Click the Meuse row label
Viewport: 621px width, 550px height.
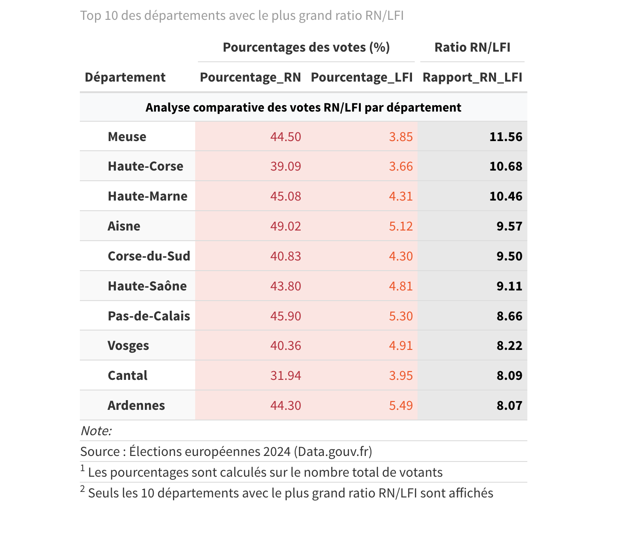click(127, 137)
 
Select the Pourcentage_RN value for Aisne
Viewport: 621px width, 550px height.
click(286, 226)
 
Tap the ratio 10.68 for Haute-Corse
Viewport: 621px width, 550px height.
click(506, 166)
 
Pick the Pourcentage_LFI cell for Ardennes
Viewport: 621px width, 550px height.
click(400, 406)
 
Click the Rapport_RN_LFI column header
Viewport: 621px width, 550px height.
click(472, 77)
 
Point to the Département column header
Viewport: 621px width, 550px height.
click(125, 77)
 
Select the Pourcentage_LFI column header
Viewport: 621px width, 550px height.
click(362, 77)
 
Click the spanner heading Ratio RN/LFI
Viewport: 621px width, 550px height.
click(472, 47)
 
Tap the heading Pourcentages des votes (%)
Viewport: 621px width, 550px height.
click(306, 47)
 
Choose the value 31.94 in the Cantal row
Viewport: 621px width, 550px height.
click(286, 376)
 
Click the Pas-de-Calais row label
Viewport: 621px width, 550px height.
click(149, 316)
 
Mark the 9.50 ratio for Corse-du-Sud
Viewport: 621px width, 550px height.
click(509, 256)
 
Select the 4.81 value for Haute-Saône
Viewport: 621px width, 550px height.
click(400, 286)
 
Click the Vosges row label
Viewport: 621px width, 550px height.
click(128, 346)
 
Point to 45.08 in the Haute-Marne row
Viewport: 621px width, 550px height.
click(286, 196)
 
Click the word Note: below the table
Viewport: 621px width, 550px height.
click(96, 431)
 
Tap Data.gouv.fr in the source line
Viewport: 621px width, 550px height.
click(333, 452)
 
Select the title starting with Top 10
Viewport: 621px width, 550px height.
click(242, 16)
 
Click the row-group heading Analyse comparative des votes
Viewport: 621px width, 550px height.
click(303, 108)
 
